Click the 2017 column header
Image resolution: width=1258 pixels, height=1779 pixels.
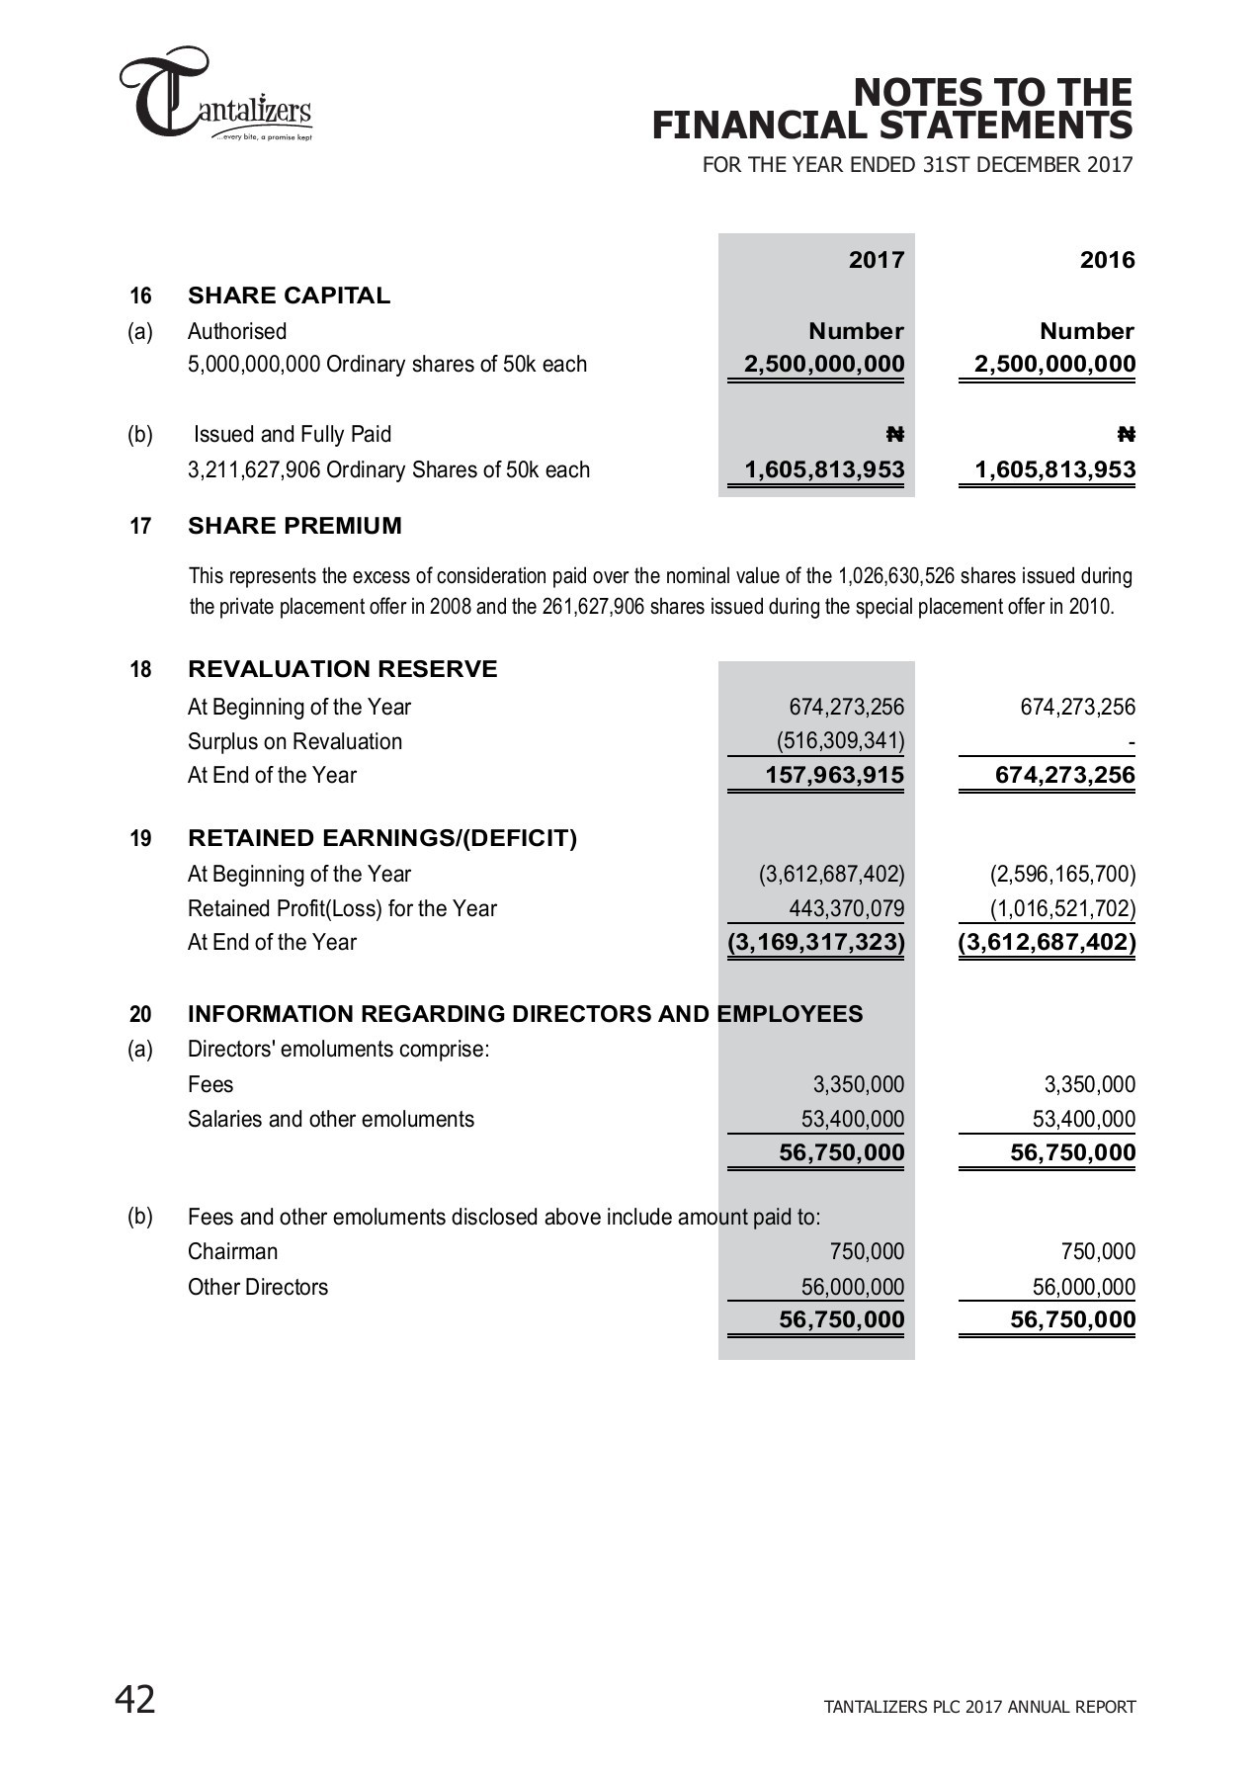[877, 260]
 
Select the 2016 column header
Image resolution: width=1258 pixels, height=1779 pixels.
[1107, 260]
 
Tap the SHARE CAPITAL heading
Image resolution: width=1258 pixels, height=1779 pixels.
[289, 296]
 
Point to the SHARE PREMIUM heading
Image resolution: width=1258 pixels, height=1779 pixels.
[294, 526]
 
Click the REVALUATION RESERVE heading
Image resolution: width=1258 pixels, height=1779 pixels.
[342, 669]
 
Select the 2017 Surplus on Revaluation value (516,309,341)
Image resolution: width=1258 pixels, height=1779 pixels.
[840, 741]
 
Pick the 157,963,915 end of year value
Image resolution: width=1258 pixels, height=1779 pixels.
[834, 775]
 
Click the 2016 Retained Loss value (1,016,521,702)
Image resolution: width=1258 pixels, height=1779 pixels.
[1062, 908]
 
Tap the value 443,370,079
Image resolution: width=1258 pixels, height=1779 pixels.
[846, 908]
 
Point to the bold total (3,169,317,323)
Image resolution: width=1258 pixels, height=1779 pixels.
[816, 942]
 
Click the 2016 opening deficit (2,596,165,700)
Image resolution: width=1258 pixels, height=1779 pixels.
[1062, 874]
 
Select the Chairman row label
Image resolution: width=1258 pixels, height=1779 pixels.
[232, 1251]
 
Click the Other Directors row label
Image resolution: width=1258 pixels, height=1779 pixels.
[257, 1287]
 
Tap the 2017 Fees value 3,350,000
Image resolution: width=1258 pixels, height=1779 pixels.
[858, 1084]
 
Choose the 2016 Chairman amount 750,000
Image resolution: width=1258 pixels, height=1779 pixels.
[1098, 1251]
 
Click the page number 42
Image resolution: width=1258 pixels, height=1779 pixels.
[135, 1700]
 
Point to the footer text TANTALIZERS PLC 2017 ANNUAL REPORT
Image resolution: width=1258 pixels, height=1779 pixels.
[979, 1707]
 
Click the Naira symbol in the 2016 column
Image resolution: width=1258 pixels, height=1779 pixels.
[1126, 434]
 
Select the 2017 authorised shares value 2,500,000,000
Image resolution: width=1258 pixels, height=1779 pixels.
[824, 364]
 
